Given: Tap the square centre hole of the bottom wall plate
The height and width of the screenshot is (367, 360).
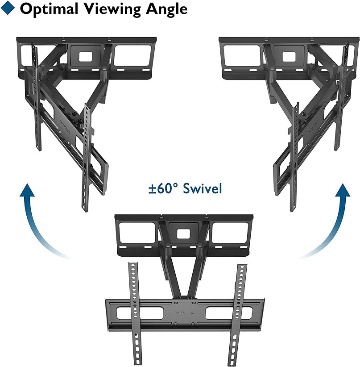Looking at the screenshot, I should [182, 234].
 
